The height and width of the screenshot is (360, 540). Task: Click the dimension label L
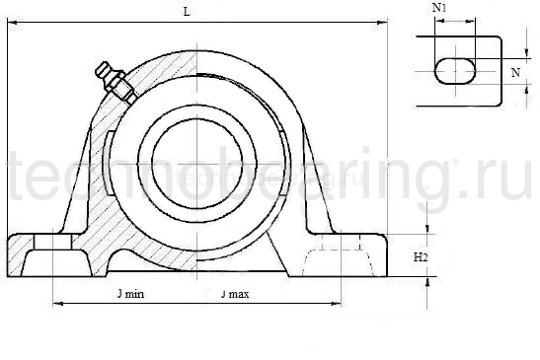click(187, 11)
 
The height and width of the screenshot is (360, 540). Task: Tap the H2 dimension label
click(421, 256)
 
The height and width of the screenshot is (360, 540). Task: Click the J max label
click(234, 294)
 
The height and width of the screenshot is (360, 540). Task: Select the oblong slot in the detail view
click(455, 72)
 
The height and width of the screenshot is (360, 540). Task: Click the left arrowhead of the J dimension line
click(54, 304)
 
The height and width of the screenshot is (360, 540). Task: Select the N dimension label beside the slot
click(513, 72)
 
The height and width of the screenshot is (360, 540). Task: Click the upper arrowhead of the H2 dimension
click(426, 230)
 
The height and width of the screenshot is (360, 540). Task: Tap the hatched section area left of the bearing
click(104, 168)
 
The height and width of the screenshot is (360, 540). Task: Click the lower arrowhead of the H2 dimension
click(426, 280)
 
